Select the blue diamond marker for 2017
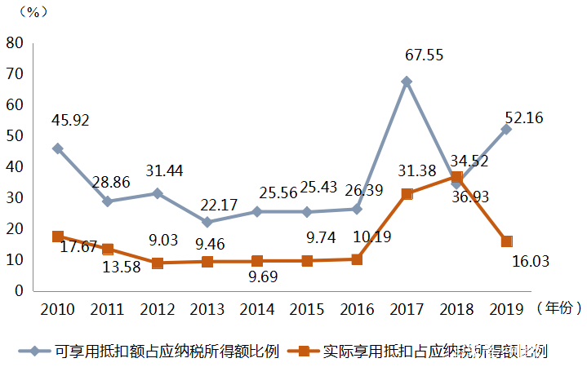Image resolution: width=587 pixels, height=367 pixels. [407, 82]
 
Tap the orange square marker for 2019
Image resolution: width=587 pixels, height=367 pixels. [506, 241]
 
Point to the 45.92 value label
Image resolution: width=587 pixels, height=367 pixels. [71, 121]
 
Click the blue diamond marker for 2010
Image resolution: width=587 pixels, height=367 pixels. [57, 148]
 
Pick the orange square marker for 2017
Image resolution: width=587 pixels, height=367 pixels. [407, 194]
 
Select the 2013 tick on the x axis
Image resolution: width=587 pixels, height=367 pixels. [207, 310]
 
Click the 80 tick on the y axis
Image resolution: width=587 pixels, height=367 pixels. [14, 43]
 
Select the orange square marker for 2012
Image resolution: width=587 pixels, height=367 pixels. [157, 263]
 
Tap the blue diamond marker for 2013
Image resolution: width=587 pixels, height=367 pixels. [207, 222]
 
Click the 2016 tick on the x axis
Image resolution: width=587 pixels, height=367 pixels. [357, 310]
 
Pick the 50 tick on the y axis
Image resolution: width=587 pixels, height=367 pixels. [14, 135]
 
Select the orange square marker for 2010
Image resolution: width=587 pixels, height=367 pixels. [57, 237]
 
